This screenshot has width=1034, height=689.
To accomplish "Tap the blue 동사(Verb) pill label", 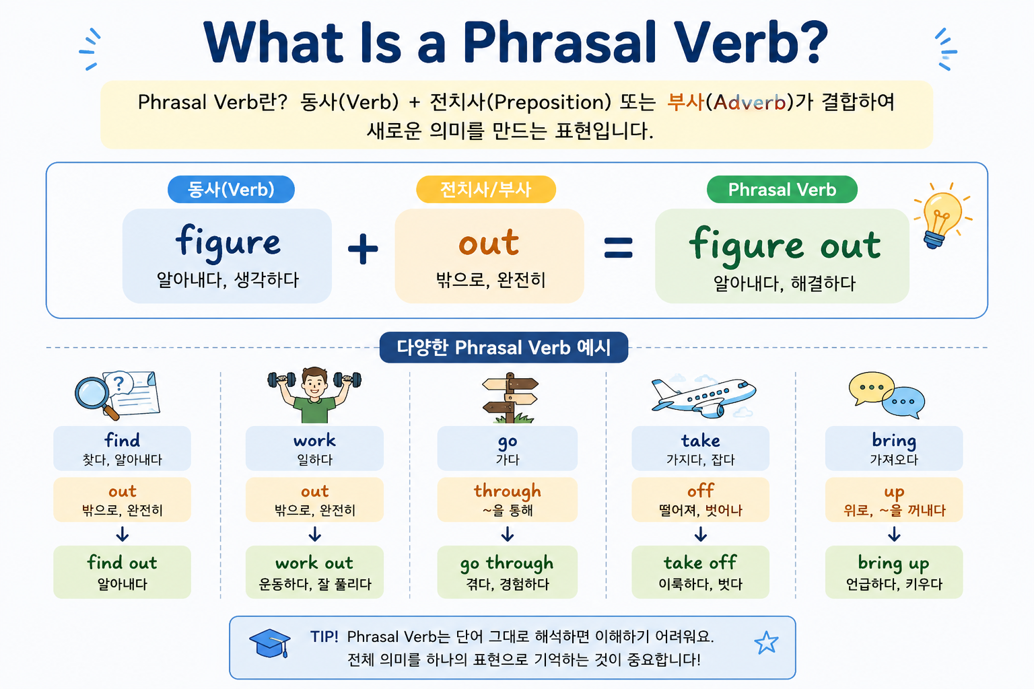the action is pyautogui.click(x=231, y=189).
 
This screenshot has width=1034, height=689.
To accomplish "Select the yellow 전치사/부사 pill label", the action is pyautogui.click(x=486, y=189).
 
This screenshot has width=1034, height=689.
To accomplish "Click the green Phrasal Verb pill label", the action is pyautogui.click(x=782, y=189).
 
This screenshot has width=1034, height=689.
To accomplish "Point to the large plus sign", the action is pyautogui.click(x=363, y=248).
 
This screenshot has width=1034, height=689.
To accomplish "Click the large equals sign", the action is pyautogui.click(x=618, y=248).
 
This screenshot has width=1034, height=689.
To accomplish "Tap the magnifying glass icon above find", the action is pyautogui.click(x=97, y=398).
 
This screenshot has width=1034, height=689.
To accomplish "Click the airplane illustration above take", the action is pyautogui.click(x=703, y=396).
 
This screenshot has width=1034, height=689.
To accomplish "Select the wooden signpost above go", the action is pyautogui.click(x=510, y=398).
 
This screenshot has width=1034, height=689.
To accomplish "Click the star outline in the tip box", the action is pyautogui.click(x=766, y=643).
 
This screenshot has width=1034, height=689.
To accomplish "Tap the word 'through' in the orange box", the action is pyautogui.click(x=508, y=491).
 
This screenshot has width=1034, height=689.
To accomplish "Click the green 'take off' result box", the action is pyautogui.click(x=700, y=572).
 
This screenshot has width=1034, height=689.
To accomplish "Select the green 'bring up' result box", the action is pyautogui.click(x=894, y=572).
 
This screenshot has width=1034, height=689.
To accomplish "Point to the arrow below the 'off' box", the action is pyautogui.click(x=700, y=534).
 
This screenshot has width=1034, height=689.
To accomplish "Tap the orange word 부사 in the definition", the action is pyautogui.click(x=685, y=102).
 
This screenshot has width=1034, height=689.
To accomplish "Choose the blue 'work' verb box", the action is pyautogui.click(x=314, y=448).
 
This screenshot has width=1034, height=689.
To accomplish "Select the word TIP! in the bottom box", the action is pyautogui.click(x=324, y=637).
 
